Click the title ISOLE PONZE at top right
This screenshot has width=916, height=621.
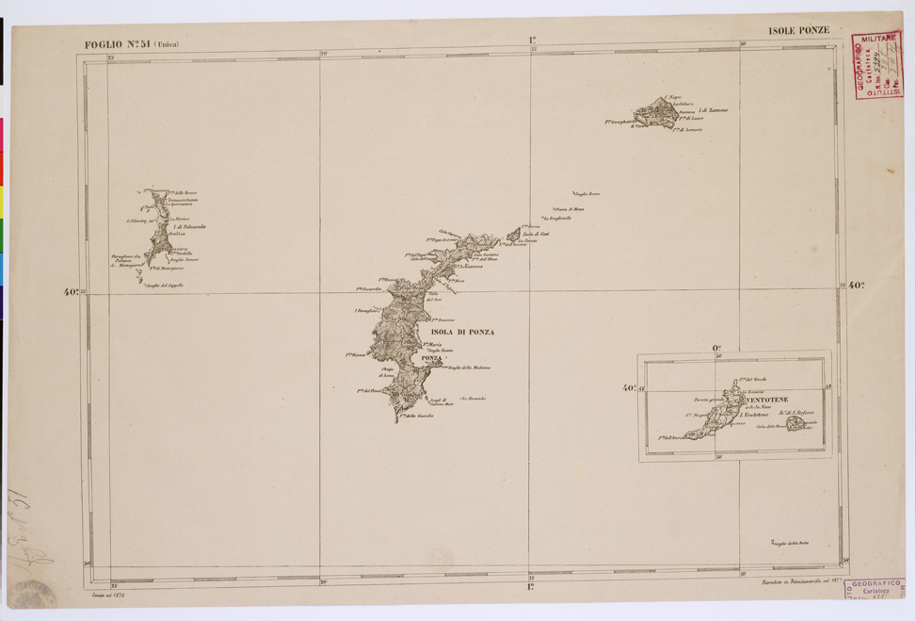click(798, 30)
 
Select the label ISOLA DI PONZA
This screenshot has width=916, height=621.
click(461, 332)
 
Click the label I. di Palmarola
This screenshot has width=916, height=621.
click(189, 228)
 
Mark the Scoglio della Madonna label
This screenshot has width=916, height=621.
click(468, 368)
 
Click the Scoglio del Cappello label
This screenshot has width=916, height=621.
click(167, 286)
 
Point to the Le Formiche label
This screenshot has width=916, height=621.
click(472, 399)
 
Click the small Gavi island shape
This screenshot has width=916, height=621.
click(513, 235)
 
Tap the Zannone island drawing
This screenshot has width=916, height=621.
click(656, 113)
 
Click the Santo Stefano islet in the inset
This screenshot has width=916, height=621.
click(797, 423)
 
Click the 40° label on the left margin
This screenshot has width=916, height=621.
click(71, 292)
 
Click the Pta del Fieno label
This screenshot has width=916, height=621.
click(368, 391)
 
